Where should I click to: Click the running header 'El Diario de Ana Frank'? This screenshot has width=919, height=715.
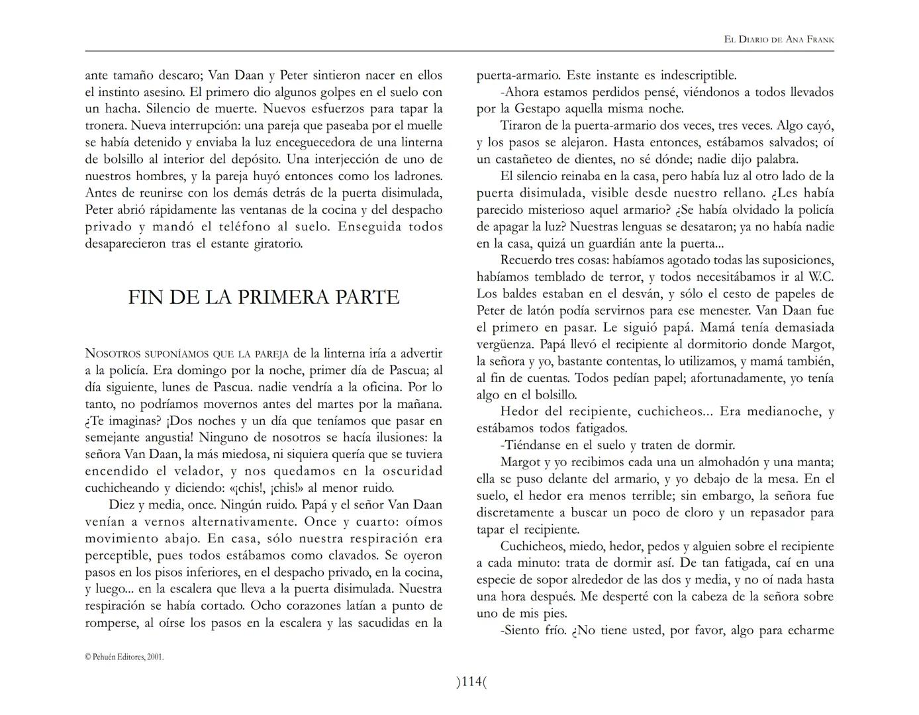click(779, 40)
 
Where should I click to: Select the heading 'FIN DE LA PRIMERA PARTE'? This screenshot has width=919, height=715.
click(264, 297)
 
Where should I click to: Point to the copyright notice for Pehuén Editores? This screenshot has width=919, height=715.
click(124, 657)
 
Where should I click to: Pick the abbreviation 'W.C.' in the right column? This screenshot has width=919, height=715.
click(821, 277)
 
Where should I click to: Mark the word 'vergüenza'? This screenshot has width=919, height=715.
click(505, 344)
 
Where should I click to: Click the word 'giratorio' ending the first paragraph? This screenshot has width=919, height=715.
click(276, 244)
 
